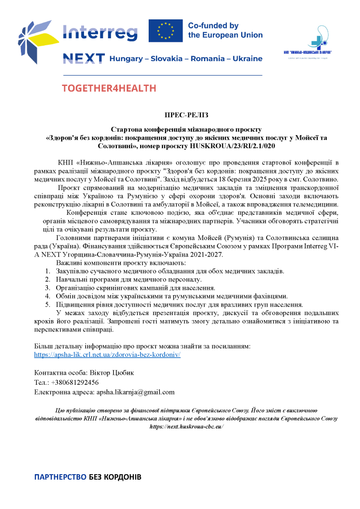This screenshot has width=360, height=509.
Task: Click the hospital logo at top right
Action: click(x=311, y=42)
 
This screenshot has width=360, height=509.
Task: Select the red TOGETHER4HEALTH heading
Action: click(x=109, y=88)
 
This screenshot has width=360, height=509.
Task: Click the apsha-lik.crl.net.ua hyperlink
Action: click(x=107, y=355)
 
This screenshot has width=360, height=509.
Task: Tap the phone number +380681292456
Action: click(x=75, y=382)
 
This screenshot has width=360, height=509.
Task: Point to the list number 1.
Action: click(x=47, y=271)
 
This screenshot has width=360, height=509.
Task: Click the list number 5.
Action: click(x=47, y=304)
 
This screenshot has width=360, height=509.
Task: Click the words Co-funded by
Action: click(x=213, y=26)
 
